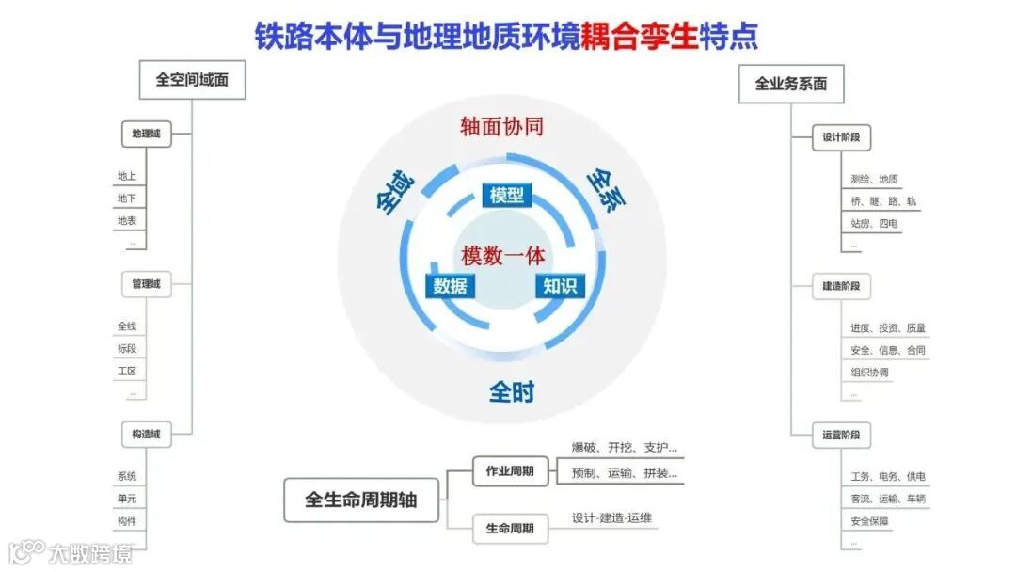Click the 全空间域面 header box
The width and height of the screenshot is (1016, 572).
(192, 81)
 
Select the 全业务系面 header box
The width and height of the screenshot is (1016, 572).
(791, 84)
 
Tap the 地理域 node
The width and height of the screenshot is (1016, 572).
(146, 135)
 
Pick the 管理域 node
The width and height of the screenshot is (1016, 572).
(146, 283)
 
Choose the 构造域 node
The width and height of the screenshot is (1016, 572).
(146, 434)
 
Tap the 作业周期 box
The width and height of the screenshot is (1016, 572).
(510, 470)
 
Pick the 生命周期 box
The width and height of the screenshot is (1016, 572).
(510, 529)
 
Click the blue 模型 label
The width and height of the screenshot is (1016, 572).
(506, 195)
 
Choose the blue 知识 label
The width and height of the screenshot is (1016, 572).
(560, 286)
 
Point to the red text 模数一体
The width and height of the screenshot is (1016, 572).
(503, 255)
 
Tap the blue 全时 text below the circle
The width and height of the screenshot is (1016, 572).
(511, 391)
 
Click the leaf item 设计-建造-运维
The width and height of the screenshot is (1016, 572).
(611, 518)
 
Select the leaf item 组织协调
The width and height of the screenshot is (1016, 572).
(869, 373)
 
